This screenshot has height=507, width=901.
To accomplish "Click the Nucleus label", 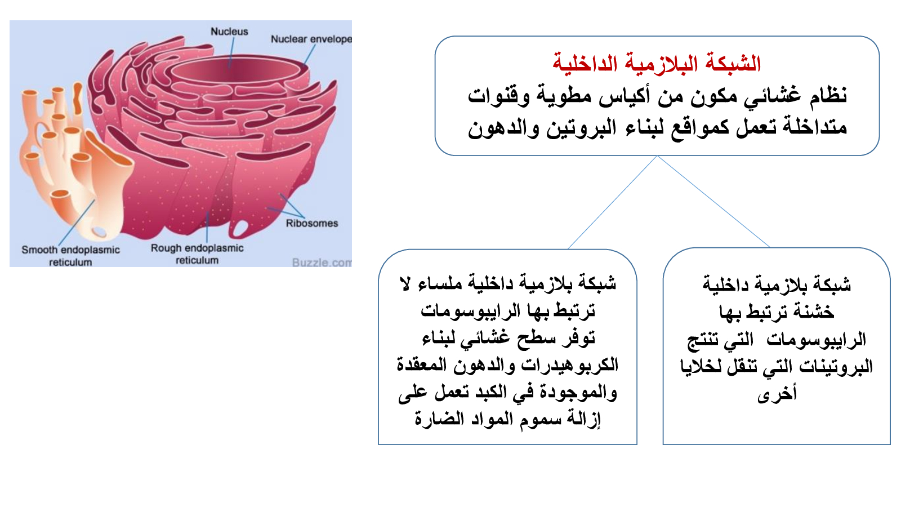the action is [229, 32].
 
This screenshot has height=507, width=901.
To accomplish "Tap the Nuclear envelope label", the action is [311, 39].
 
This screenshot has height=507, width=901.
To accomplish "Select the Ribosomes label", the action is [312, 223].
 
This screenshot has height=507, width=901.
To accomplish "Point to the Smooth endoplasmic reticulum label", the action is [71, 256].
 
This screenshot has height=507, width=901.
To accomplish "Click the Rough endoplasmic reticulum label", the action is [197, 254].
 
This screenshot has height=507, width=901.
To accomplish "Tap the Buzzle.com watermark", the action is [322, 263].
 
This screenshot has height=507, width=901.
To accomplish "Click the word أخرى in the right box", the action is [777, 394].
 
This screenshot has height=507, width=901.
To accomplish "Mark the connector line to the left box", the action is [612, 202].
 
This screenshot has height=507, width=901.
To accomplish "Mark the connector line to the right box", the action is [713, 201].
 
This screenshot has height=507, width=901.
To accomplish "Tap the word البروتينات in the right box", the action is [835, 366].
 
